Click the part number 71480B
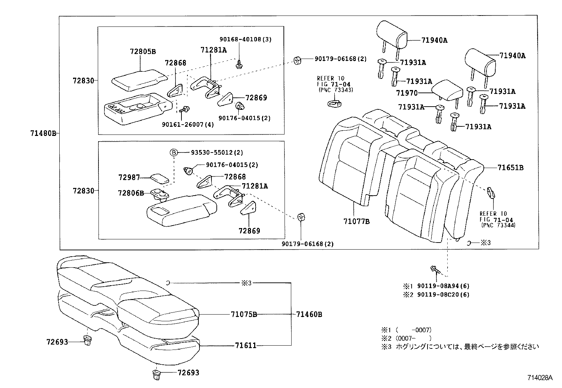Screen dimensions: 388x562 click(43, 133)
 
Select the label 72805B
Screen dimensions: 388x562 click(143, 52)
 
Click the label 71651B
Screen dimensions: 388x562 click(510, 168)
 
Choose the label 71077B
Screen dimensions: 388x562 click(357, 221)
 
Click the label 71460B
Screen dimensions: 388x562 click(309, 314)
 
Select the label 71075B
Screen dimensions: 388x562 click(244, 314)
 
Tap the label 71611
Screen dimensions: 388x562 click(246, 345)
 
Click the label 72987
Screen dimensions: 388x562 click(129, 177)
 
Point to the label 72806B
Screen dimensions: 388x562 click(131, 193)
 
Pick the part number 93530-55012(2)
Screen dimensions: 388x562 click(217, 153)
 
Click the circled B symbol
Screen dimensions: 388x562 click(174, 153)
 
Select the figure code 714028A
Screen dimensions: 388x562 click(540, 378)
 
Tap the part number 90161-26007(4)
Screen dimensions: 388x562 click(188, 125)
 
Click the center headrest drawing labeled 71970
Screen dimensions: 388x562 click(447, 89)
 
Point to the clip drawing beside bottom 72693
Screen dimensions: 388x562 click(156, 374)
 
